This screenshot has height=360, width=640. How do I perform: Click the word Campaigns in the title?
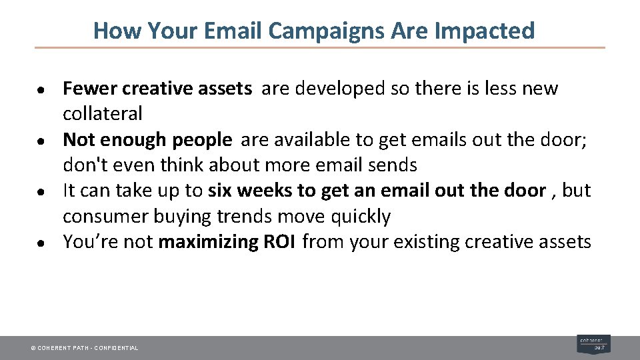(x=326, y=31)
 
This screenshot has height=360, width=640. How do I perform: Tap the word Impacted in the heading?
(x=485, y=31)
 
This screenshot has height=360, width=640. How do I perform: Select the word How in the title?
(x=117, y=31)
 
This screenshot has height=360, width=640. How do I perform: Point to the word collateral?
(x=103, y=113)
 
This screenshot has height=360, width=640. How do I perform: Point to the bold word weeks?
(x=265, y=191)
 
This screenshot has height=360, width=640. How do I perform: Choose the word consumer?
(x=105, y=216)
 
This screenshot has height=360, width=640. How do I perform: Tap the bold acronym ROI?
(x=279, y=241)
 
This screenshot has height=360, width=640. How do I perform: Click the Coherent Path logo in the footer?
(x=593, y=344)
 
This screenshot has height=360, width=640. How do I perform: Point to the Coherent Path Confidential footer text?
(x=85, y=348)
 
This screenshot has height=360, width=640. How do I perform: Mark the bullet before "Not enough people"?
(x=41, y=141)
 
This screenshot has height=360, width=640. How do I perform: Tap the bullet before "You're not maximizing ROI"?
(x=41, y=244)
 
